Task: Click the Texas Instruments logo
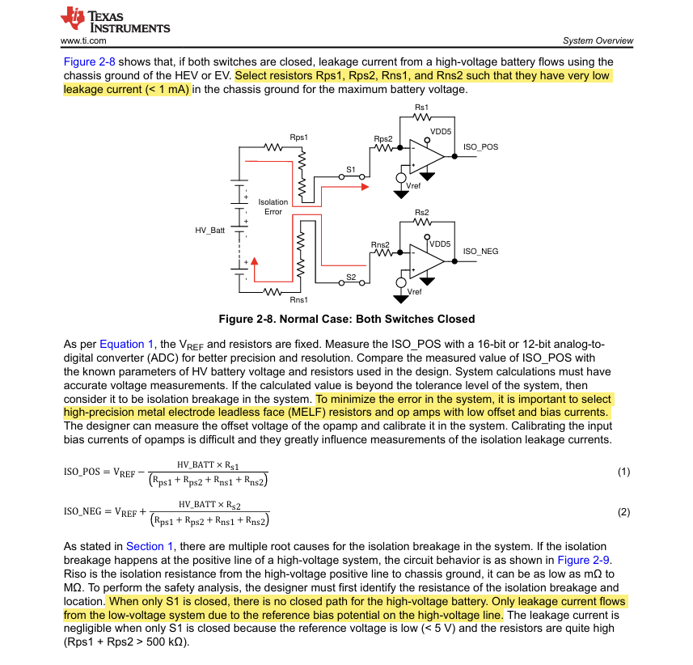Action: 115,19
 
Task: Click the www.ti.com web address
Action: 83,40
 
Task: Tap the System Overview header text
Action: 598,40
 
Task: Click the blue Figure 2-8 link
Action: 90,61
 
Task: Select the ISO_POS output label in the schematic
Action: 480,147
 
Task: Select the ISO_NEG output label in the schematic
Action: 480,252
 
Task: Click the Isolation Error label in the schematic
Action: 273,207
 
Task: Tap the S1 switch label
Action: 351,169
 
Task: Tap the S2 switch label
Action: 351,277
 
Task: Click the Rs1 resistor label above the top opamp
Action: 421,108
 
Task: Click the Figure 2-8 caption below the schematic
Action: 347,319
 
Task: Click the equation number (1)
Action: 623,472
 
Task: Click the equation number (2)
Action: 623,512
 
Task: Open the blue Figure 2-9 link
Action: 584,560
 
